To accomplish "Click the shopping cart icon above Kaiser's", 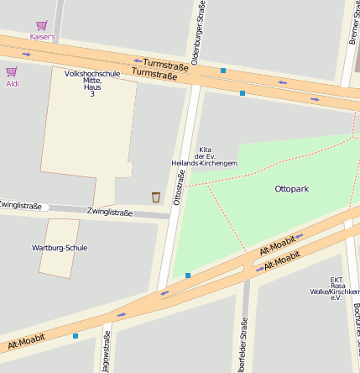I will point(41,26).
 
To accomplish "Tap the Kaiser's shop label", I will point(42,37).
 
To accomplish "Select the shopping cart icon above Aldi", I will point(12,72).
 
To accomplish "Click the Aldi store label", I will point(13,83).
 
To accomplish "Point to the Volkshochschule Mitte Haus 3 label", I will point(91,83).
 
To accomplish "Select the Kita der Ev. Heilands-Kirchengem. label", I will point(205,156).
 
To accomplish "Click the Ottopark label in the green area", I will point(291,189).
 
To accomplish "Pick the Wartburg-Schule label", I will point(60,248).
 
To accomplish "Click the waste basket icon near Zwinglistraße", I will point(155,197).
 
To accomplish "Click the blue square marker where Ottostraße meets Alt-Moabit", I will point(188,275).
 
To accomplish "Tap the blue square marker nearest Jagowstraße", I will point(76,336).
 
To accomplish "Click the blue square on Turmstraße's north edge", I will point(223,71).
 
